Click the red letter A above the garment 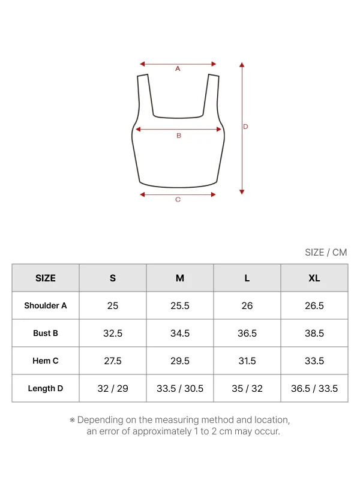(178, 69)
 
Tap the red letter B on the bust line (179, 136)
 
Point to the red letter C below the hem (178, 200)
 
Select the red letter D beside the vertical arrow (245, 127)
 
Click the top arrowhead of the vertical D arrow (242, 65)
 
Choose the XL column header (314, 278)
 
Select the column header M (179, 278)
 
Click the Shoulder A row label (46, 305)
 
